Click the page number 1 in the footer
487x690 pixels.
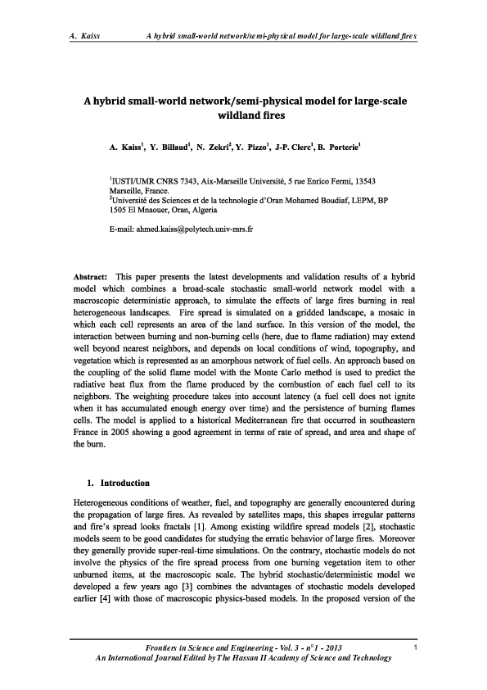pyautogui.click(x=416, y=650)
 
